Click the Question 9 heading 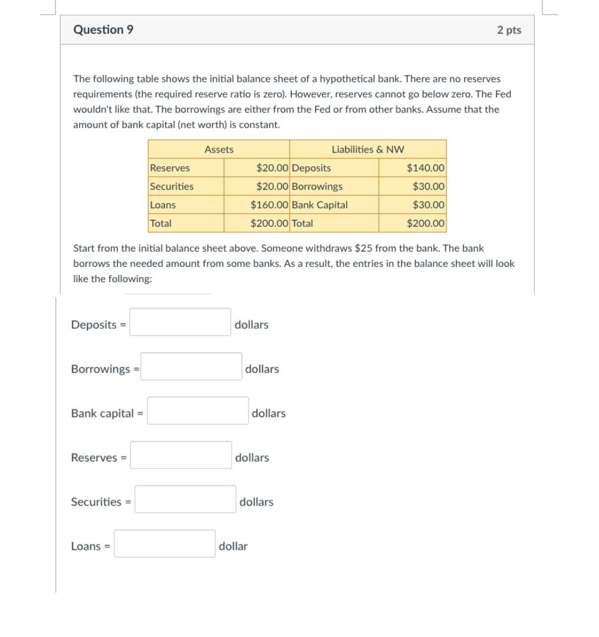point(103,29)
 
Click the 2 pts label point(509,30)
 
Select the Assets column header point(219,150)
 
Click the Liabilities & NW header point(368,150)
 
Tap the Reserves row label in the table point(170,168)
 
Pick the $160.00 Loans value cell point(269,205)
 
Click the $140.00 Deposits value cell point(426,168)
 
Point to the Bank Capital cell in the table point(320,205)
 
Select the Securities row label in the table point(172,186)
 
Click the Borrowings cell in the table point(317,186)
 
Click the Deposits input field point(180,322)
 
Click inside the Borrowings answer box point(191,367)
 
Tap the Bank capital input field point(198,411)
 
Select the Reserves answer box point(180,455)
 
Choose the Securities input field point(185,499)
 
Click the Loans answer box point(164,543)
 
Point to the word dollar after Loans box point(233,546)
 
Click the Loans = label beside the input point(90,546)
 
